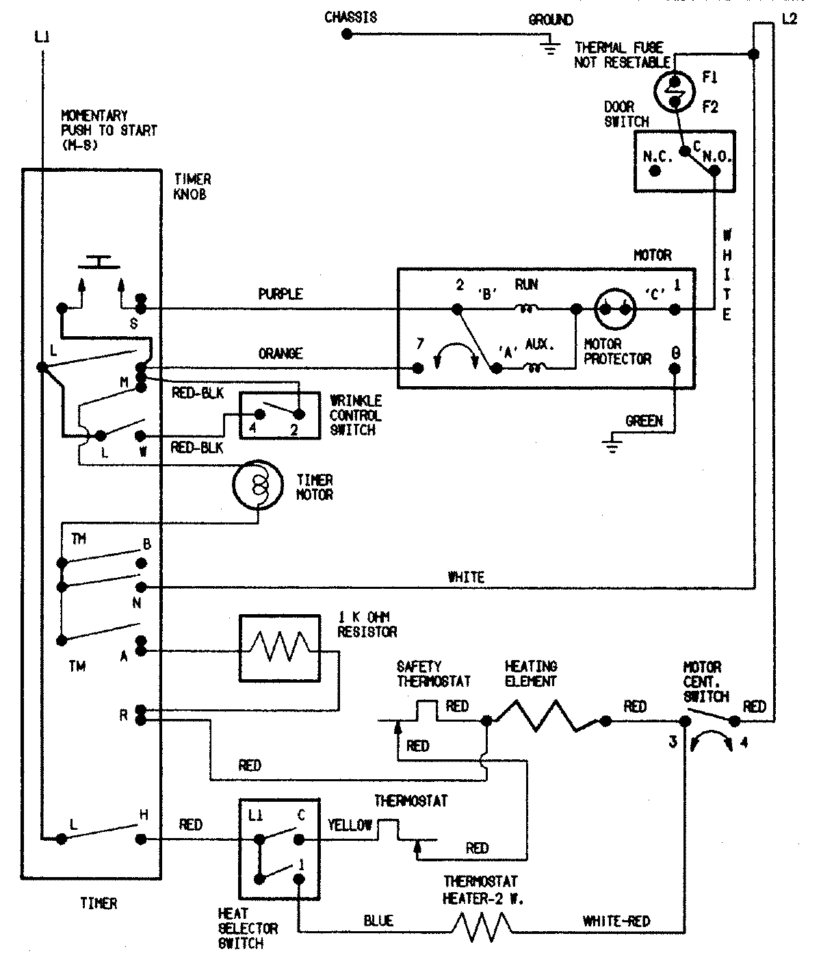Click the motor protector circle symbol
pos(614,309)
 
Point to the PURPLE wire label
pos(281,294)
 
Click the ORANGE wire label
pos(281,353)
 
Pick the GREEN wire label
pos(644,420)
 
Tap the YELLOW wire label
pos(351,825)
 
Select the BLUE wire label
pos(378,921)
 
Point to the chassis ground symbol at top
pos(547,45)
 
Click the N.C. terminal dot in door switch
pos(655,171)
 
